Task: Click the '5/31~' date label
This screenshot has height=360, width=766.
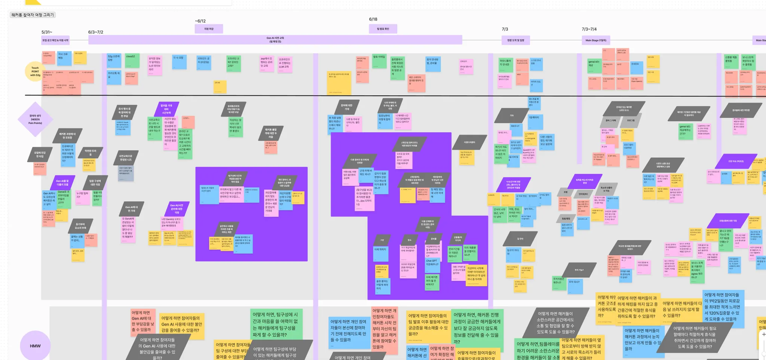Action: pyautogui.click(x=47, y=32)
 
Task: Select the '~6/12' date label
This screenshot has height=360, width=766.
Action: pyautogui.click(x=200, y=21)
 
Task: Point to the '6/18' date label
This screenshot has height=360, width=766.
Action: pyautogui.click(x=373, y=19)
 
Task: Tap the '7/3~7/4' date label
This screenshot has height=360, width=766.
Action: pyautogui.click(x=589, y=29)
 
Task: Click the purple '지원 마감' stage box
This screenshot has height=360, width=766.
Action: pyautogui.click(x=209, y=29)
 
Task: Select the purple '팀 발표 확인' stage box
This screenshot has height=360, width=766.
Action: pyautogui.click(x=383, y=29)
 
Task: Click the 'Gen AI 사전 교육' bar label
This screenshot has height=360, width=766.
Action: pyautogui.click(x=275, y=40)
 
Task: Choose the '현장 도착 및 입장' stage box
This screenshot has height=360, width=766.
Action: pyautogui.click(x=515, y=40)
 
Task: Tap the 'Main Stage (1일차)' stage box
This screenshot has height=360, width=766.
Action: pyautogui.click(x=596, y=40)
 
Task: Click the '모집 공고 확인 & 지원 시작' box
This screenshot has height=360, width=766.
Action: pyautogui.click(x=55, y=40)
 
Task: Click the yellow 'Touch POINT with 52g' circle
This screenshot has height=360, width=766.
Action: pyautogui.click(x=35, y=71)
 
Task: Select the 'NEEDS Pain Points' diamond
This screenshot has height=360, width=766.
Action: pyautogui.click(x=36, y=119)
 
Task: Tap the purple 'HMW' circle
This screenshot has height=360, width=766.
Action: pyautogui.click(x=35, y=346)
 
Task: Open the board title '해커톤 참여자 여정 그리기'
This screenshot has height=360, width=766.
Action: pyautogui.click(x=33, y=15)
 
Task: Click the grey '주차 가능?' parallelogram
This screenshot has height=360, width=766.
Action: pyautogui.click(x=579, y=270)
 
